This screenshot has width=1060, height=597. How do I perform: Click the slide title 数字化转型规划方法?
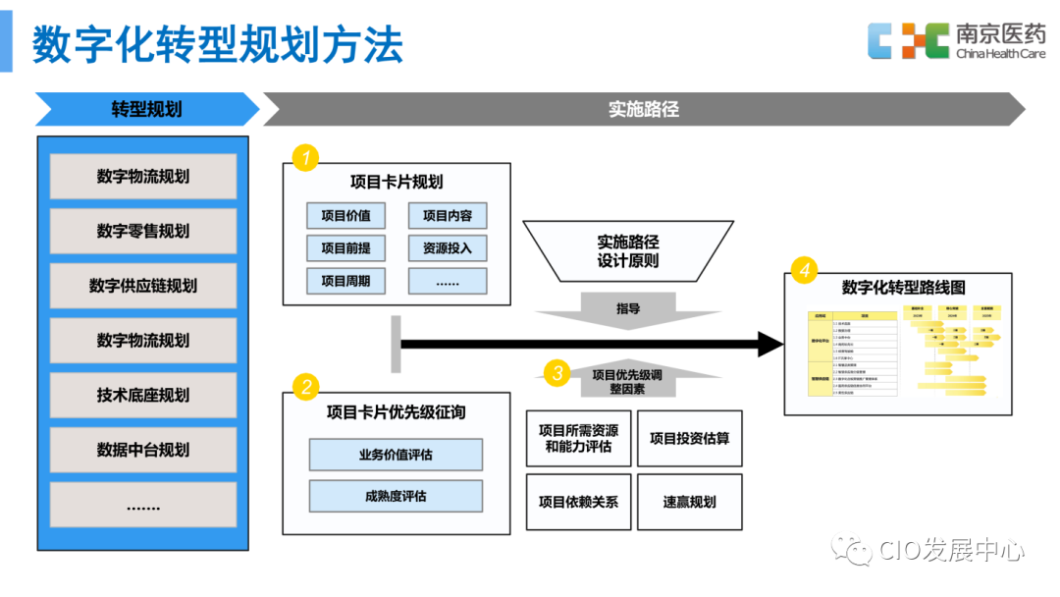[x=218, y=44]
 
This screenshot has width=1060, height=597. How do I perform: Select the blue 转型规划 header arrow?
[x=147, y=109]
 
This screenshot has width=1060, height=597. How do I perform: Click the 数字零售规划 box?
[x=143, y=232]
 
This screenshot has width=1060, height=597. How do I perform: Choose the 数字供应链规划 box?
[x=143, y=286]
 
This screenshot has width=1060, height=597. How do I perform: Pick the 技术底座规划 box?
[x=143, y=396]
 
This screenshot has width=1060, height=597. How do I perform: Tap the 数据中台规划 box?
[x=143, y=451]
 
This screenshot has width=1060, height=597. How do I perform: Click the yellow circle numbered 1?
[x=306, y=157]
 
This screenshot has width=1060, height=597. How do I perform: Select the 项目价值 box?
[x=345, y=216]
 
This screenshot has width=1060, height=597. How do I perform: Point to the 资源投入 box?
[x=448, y=248]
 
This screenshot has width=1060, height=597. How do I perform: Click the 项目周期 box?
[x=345, y=281]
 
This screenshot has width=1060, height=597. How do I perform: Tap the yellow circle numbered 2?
[x=306, y=386]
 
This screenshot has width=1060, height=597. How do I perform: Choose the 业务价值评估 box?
[x=396, y=455]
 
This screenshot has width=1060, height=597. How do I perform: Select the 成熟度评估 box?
[x=396, y=496]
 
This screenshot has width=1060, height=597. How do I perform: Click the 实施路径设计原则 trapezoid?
[x=628, y=251]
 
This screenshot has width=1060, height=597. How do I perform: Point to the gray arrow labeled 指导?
[x=628, y=309]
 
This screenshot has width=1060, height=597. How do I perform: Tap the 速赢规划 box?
[x=689, y=502]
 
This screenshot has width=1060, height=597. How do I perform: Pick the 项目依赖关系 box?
[x=578, y=502]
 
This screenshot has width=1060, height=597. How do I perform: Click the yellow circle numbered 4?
[x=805, y=271]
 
